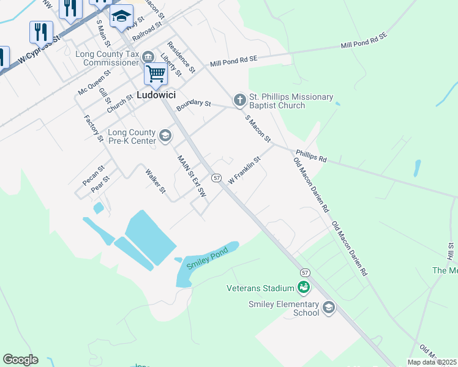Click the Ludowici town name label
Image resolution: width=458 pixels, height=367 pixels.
(156, 95)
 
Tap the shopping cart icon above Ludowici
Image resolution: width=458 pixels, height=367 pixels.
(156, 74)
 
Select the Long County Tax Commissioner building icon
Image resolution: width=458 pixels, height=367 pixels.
(148, 57)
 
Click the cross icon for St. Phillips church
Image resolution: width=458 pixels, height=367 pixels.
(239, 99)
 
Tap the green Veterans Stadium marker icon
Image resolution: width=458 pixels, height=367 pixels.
(303, 287)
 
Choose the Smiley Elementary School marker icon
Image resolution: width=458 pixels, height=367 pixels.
(329, 307)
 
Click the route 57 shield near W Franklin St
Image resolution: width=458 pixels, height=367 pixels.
(216, 177)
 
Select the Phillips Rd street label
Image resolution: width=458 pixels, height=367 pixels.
(311, 156)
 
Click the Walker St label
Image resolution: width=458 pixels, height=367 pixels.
(156, 181)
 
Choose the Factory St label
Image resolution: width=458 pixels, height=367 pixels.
(94, 128)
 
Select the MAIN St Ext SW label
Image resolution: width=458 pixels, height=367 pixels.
(191, 176)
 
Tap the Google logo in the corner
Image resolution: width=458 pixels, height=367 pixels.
(20, 360)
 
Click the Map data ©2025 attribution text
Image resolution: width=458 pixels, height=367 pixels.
(432, 362)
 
